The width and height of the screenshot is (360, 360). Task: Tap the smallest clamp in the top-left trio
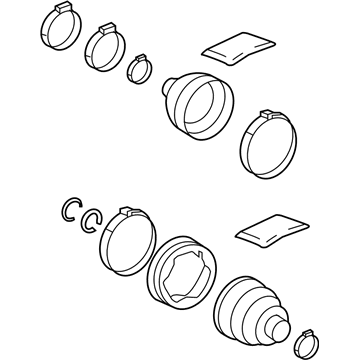(137, 70)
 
